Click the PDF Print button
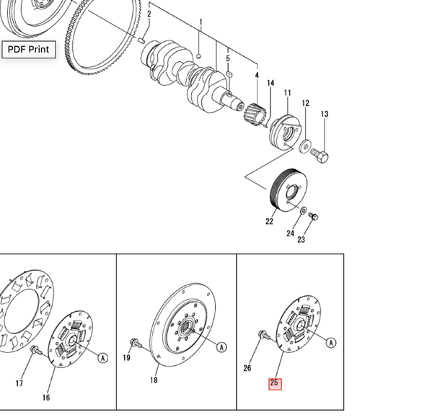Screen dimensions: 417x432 [28, 50]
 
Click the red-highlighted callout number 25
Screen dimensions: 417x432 [274, 382]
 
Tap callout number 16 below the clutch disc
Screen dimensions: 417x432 [45, 397]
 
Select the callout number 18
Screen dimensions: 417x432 [154, 380]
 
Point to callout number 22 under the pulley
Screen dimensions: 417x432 [269, 221]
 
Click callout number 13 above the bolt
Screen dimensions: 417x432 [325, 114]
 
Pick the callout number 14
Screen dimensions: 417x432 [270, 84]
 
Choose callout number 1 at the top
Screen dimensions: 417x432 [200, 23]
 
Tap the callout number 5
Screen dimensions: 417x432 [228, 58]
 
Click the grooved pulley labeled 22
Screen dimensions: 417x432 [286, 191]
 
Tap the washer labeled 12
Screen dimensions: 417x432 [306, 146]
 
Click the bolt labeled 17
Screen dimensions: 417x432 [35, 351]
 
